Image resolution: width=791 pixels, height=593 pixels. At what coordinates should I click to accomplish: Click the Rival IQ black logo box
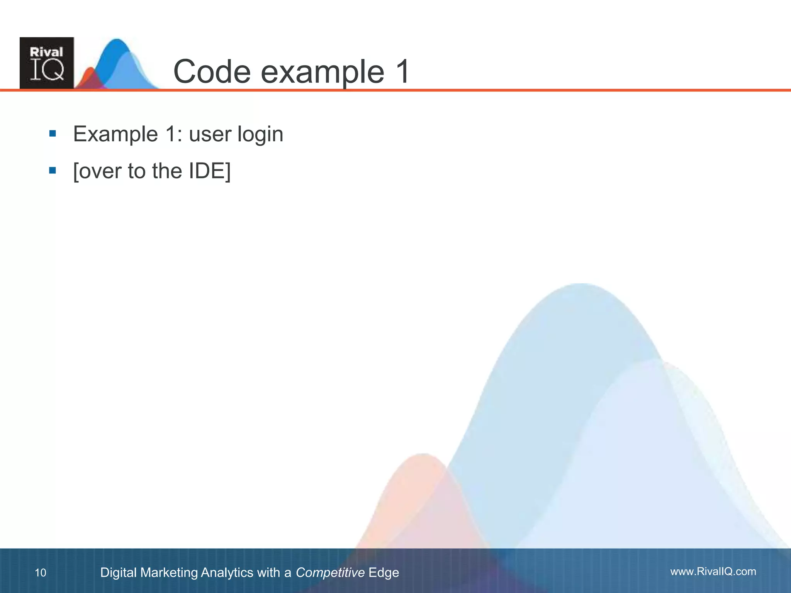(47, 63)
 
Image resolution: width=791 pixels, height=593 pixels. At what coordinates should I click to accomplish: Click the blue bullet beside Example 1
(53, 134)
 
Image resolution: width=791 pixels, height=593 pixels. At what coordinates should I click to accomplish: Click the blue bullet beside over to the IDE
(53, 170)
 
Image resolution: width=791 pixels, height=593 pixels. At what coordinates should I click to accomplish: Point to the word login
(260, 135)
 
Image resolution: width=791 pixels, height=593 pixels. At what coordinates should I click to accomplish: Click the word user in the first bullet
(210, 135)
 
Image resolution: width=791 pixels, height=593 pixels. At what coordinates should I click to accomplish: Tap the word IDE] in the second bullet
(210, 171)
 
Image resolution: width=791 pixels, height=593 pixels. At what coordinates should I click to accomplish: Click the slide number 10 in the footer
(41, 573)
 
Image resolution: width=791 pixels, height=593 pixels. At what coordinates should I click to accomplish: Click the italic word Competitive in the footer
(330, 573)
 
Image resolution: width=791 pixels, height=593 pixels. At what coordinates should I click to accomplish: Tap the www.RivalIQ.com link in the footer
(713, 571)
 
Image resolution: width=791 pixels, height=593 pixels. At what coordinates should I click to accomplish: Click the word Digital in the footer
(118, 573)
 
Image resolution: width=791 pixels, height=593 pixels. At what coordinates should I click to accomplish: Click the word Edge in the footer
(384, 573)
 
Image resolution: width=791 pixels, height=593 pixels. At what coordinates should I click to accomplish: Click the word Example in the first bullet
(115, 135)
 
